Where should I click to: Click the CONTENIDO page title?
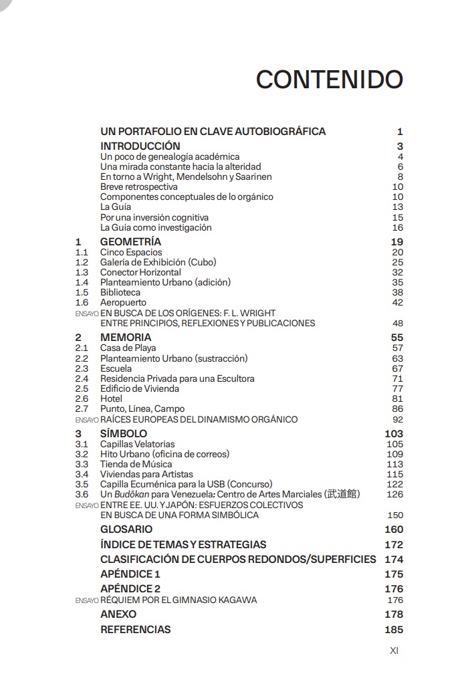click(329, 80)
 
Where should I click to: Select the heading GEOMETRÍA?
click(130, 242)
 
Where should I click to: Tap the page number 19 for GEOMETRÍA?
click(396, 242)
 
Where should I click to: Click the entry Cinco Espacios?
click(131, 253)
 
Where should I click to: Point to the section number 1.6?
click(82, 303)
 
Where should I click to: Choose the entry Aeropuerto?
click(123, 303)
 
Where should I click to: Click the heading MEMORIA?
click(126, 338)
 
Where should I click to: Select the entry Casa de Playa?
click(128, 348)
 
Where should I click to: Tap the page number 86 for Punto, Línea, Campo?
click(397, 409)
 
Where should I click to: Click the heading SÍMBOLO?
click(124, 433)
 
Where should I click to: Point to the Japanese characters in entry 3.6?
click(342, 494)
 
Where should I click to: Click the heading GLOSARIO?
click(126, 530)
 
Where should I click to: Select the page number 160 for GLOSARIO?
click(394, 530)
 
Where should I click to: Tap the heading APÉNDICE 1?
click(130, 574)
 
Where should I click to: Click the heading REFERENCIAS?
click(135, 629)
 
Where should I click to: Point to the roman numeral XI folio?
click(394, 651)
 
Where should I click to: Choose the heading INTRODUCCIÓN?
click(140, 146)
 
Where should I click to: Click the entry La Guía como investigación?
click(156, 228)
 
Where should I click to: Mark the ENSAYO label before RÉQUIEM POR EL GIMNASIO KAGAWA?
click(87, 600)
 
